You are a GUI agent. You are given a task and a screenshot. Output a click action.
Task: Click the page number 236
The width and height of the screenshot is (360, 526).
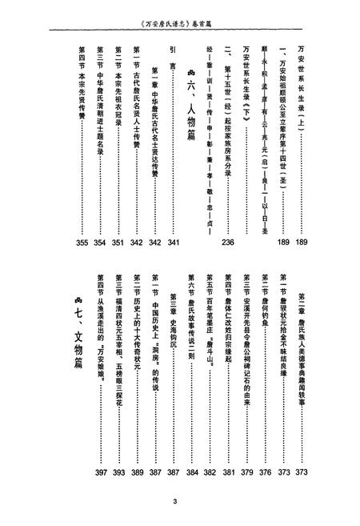point(227,243)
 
